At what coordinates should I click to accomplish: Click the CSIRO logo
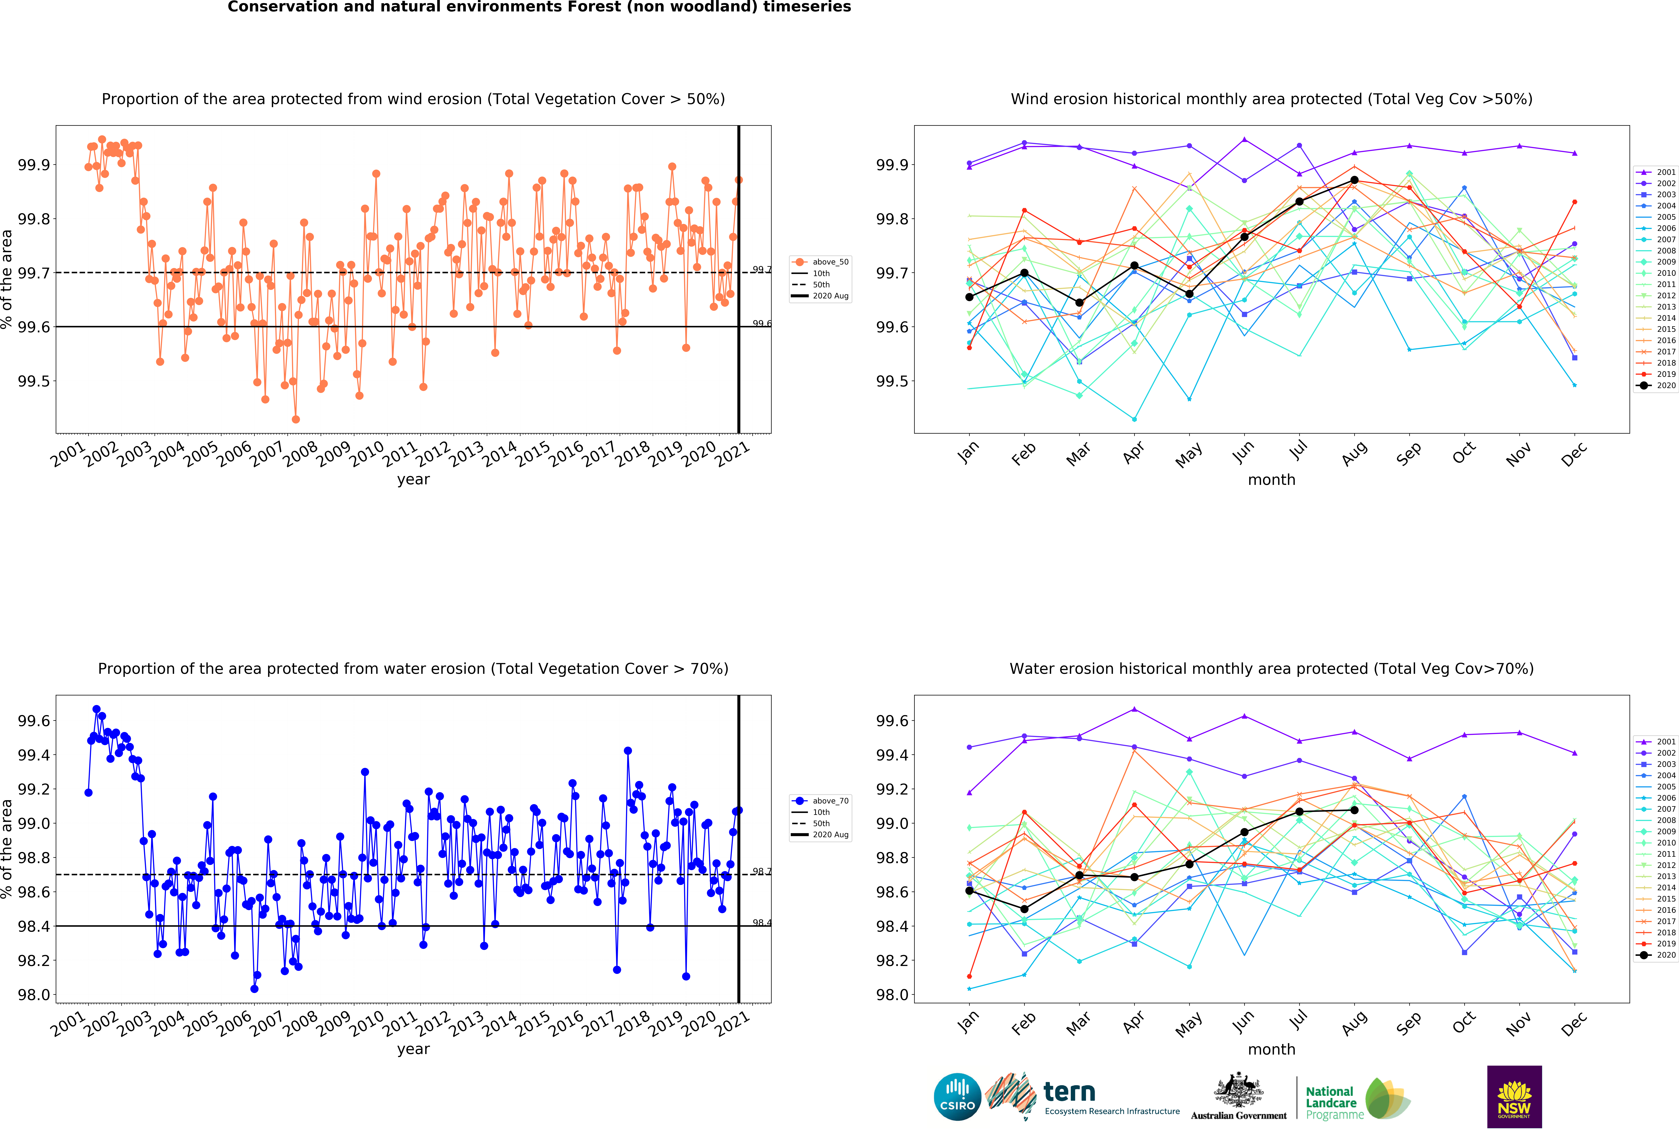pyautogui.click(x=957, y=1096)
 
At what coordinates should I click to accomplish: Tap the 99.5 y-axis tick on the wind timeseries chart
pyautogui.click(x=34, y=381)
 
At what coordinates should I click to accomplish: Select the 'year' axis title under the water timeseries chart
pyautogui.click(x=413, y=1049)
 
